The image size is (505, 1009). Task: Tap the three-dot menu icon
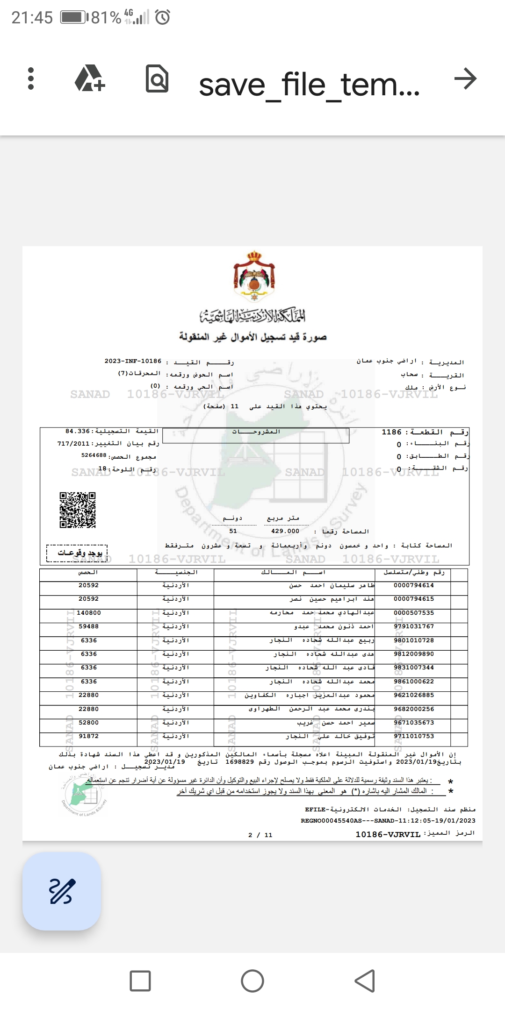[31, 78]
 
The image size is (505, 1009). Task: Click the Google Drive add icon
[90, 79]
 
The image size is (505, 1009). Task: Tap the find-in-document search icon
[157, 79]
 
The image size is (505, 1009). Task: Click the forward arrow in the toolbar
[465, 78]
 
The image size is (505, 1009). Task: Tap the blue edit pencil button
[62, 892]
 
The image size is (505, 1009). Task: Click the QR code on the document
[78, 510]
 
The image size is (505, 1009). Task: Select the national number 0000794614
[414, 585]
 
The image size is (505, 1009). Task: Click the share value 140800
[89, 613]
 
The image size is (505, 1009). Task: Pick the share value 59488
[89, 626]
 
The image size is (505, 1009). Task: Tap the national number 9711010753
[414, 737]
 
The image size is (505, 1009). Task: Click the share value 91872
[89, 737]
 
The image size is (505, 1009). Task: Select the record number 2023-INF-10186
[133, 362]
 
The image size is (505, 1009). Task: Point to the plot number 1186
[391, 432]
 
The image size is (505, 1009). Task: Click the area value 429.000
[285, 531]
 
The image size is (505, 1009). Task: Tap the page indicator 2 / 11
[260, 835]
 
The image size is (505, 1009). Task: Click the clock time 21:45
[32, 18]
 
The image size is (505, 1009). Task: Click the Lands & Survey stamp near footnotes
[84, 794]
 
